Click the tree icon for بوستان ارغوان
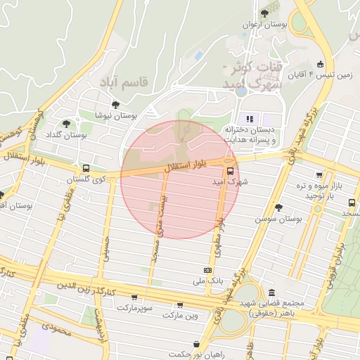click(x=264, y=13)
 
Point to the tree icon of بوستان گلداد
click(x=66, y=124)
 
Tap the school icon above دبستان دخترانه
click(x=250, y=118)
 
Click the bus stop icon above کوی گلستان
click(x=86, y=169)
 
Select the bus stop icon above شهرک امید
click(x=231, y=170)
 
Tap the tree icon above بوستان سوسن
click(x=279, y=207)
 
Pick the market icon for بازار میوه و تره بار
click(x=319, y=175)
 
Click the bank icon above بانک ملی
click(x=207, y=270)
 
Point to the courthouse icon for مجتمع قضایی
click(x=271, y=292)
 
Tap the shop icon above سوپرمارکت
click(x=134, y=297)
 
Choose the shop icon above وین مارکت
click(x=180, y=305)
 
